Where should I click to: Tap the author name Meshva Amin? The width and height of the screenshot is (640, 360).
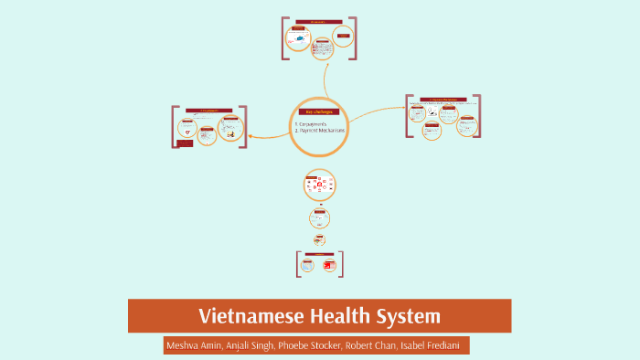tap(196, 345)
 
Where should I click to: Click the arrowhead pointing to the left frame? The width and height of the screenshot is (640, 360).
tap(251, 136)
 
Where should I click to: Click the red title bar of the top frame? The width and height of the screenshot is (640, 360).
tap(319, 22)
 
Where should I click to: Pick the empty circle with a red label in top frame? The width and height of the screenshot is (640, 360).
tap(343, 37)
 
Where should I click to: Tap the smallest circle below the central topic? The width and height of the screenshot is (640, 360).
tap(319, 239)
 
